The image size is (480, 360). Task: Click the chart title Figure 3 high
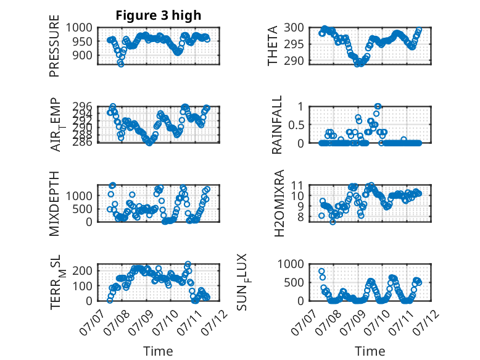click(159, 15)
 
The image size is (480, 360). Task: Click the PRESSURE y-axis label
click(54, 46)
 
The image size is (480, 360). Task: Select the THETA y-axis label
click(272, 46)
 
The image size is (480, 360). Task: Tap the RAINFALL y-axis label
click(277, 125)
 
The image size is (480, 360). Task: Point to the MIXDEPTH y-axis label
click(54, 203)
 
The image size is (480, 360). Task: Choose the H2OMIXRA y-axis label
click(279, 203)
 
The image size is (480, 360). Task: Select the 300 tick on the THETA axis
click(294, 28)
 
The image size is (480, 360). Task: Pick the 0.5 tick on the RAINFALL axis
click(296, 125)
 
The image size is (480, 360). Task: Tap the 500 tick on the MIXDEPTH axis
click(82, 209)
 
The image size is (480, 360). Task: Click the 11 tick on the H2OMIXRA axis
click(297, 185)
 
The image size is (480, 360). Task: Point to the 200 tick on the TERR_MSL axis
click(82, 270)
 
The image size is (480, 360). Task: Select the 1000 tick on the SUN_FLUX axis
click(291, 264)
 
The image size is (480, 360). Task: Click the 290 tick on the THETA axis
click(294, 61)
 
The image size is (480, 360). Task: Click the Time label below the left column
click(159, 351)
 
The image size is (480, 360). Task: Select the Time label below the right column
click(370, 351)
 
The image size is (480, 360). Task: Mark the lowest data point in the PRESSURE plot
click(121, 64)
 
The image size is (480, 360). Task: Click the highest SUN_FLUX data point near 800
click(321, 271)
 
